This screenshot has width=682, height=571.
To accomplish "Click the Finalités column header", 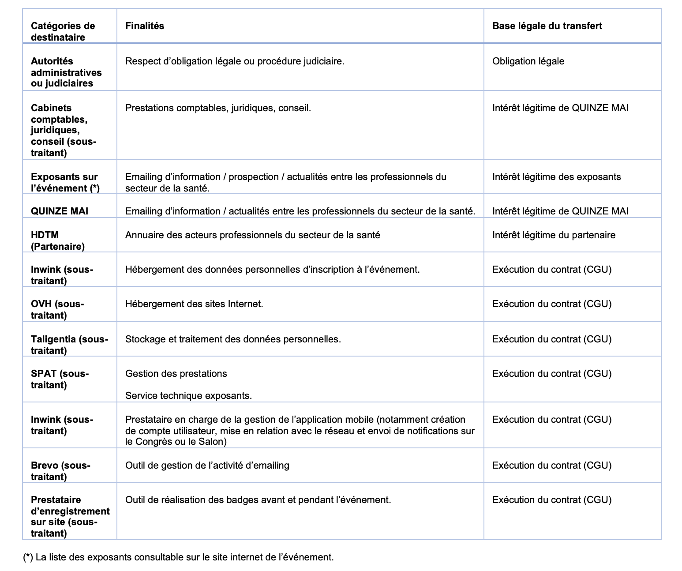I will [x=145, y=26].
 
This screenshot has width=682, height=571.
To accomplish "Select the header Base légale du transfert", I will [x=547, y=26].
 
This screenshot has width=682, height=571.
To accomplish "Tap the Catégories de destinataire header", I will [x=63, y=31].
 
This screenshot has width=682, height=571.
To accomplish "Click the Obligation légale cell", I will [x=528, y=61].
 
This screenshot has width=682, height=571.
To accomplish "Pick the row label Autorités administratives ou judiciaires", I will [x=66, y=72].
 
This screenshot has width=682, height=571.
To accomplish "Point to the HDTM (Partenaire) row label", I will [x=57, y=240].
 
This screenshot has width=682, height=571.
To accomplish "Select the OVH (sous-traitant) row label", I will [x=57, y=309].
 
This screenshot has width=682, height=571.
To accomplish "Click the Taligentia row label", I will [x=69, y=345].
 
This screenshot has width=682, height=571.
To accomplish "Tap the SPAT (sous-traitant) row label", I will [x=60, y=379].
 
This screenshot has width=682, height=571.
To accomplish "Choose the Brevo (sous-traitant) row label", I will [x=60, y=471].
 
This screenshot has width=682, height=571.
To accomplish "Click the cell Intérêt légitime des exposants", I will [x=556, y=177].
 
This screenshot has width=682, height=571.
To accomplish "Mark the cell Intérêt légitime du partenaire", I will [x=554, y=235].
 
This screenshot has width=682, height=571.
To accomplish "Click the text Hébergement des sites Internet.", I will [x=194, y=304].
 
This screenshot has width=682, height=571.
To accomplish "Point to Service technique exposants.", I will [x=188, y=396].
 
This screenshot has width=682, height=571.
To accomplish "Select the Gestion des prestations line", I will [x=176, y=374].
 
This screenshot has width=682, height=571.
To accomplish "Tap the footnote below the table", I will [x=178, y=557].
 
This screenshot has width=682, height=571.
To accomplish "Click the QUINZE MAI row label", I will [x=60, y=211].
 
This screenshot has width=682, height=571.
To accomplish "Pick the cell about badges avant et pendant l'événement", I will [x=258, y=500].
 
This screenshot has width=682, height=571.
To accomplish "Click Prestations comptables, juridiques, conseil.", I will [x=218, y=108].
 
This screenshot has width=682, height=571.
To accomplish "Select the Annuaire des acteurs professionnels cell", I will [x=252, y=235].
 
